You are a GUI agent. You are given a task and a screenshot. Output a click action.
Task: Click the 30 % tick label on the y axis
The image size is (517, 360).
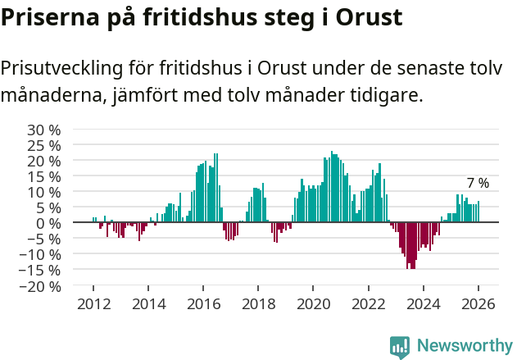click(43, 130)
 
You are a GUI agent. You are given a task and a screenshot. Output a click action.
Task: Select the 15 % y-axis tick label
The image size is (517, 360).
click(43, 176)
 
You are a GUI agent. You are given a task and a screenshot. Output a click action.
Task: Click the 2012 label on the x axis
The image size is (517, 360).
click(93, 303)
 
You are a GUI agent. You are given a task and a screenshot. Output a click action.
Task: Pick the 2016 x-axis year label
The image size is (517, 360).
click(203, 303)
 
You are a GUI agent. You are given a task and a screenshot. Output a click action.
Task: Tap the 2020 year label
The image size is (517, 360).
click(313, 303)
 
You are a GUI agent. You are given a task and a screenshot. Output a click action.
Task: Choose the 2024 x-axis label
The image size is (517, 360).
click(423, 303)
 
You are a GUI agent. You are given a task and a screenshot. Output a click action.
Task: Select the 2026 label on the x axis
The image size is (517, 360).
click(478, 303)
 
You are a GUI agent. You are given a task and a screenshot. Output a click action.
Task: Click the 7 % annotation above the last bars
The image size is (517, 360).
click(478, 184)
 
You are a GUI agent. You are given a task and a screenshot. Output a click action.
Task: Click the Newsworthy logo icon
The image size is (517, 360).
click(400, 347)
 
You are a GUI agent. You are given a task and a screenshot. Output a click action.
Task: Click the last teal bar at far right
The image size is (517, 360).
click(478, 212)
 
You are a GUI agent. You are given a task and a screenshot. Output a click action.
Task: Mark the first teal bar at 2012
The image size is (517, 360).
click(93, 220)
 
